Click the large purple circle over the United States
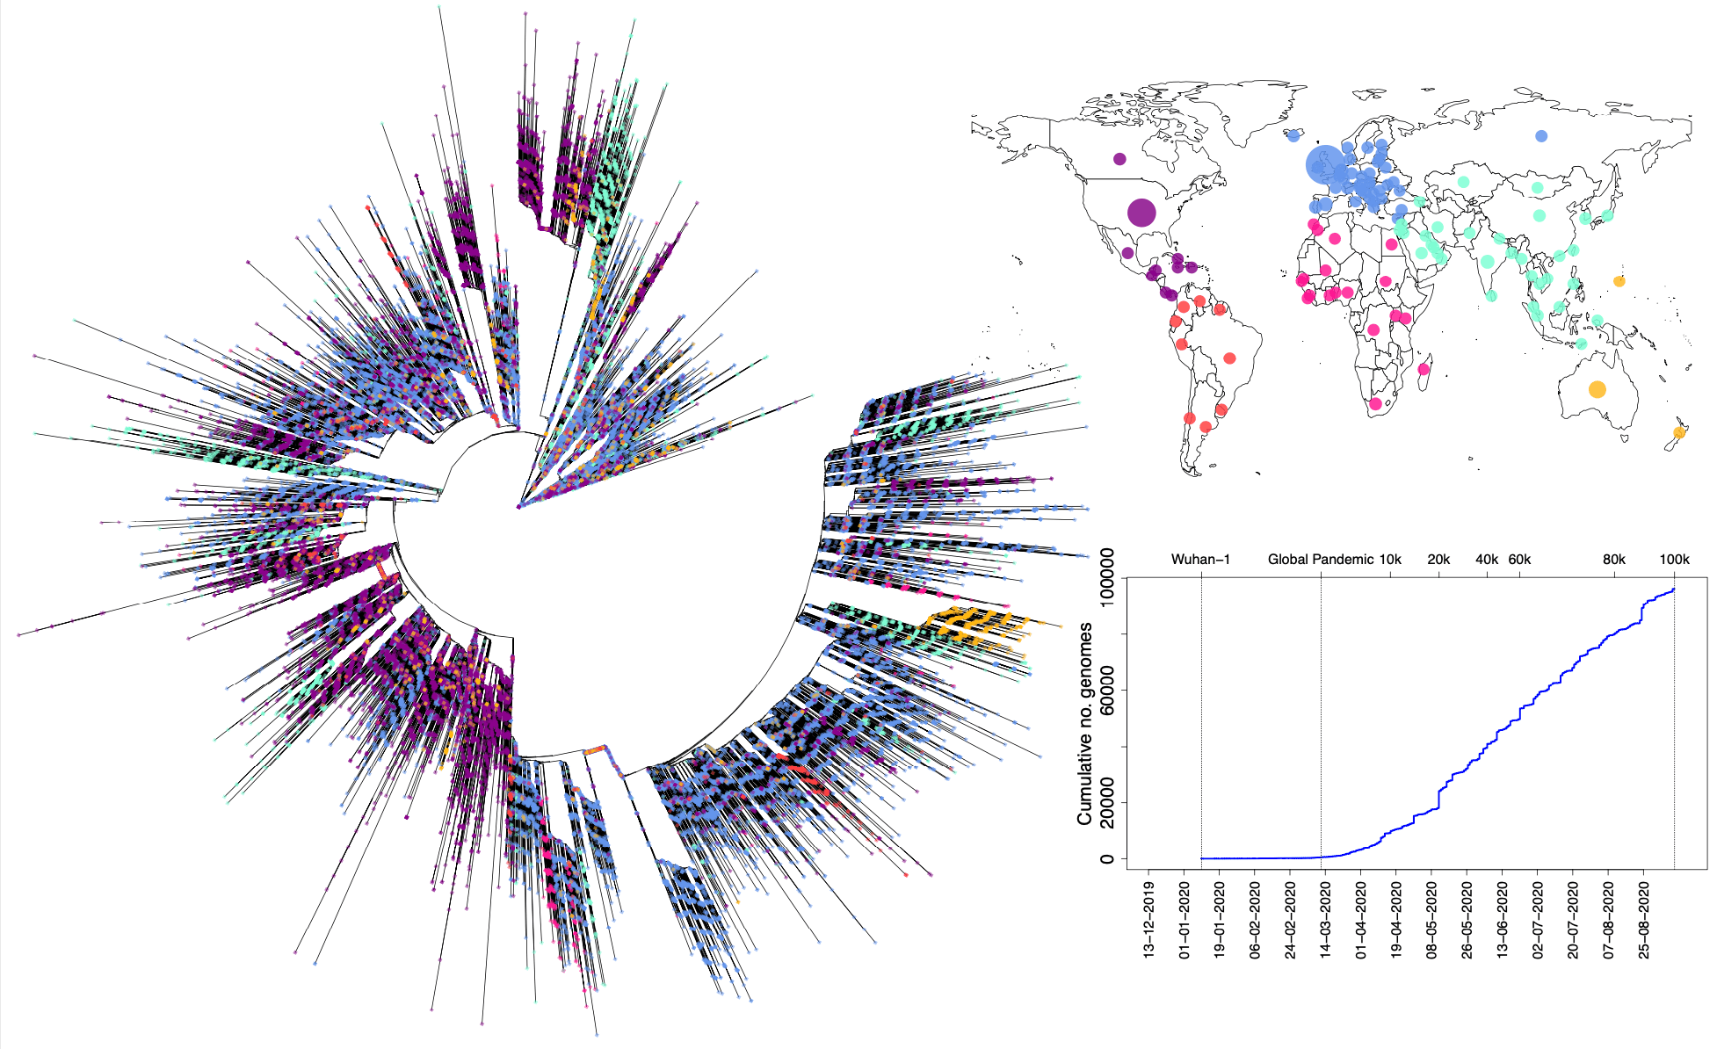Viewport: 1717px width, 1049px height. tap(1141, 213)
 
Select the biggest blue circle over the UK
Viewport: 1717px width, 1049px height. tap(1324, 164)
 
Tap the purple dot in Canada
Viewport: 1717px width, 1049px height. tap(1119, 159)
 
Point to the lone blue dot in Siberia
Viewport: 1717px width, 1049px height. tap(1541, 136)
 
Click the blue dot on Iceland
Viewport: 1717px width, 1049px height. tap(1293, 135)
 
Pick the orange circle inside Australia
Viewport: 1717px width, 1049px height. tap(1597, 389)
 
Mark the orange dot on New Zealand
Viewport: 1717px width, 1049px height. tap(1679, 432)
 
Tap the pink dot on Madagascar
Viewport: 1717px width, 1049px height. tap(1424, 369)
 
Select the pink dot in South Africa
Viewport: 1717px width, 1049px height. tap(1375, 405)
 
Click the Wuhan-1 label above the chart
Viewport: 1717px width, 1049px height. tap(1200, 560)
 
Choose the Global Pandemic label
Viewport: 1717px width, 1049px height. tap(1320, 560)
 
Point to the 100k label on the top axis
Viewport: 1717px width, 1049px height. tap(1674, 560)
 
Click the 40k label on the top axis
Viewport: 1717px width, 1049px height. tap(1487, 560)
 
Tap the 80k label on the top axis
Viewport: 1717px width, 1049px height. tap(1614, 560)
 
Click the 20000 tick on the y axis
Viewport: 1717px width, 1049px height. tap(1107, 802)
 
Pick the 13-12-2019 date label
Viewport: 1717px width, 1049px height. tap(1148, 915)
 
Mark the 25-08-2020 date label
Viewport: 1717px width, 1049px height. tap(1644, 915)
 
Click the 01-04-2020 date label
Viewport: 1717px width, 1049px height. tap(1361, 915)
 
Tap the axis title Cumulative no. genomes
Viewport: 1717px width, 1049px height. tap(1085, 724)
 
